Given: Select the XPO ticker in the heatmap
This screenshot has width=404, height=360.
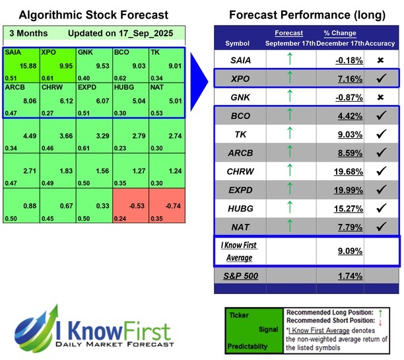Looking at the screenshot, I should (48, 51).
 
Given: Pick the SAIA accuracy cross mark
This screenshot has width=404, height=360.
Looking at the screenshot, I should (380, 60).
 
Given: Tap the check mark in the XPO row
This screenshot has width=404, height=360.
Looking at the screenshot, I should (380, 79).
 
